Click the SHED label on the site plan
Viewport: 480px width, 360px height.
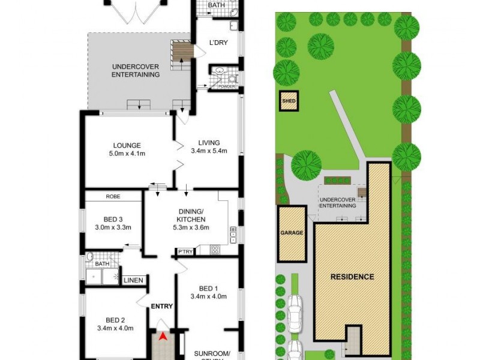click(x=289, y=101)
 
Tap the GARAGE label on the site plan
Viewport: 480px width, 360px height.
click(x=292, y=233)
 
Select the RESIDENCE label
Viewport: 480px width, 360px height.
click(x=352, y=277)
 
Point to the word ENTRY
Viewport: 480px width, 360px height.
click(x=161, y=307)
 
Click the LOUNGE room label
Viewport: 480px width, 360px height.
click(x=126, y=145)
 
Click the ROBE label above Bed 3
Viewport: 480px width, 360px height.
click(x=113, y=196)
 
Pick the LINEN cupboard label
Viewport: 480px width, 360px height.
click(x=133, y=280)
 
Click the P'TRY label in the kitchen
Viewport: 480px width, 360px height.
click(x=184, y=251)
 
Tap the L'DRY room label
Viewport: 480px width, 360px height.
click(x=217, y=43)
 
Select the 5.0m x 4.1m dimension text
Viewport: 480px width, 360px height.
click(x=126, y=154)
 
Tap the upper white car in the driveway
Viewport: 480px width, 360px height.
click(x=295, y=313)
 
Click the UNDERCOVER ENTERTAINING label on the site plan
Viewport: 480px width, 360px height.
click(x=337, y=202)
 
